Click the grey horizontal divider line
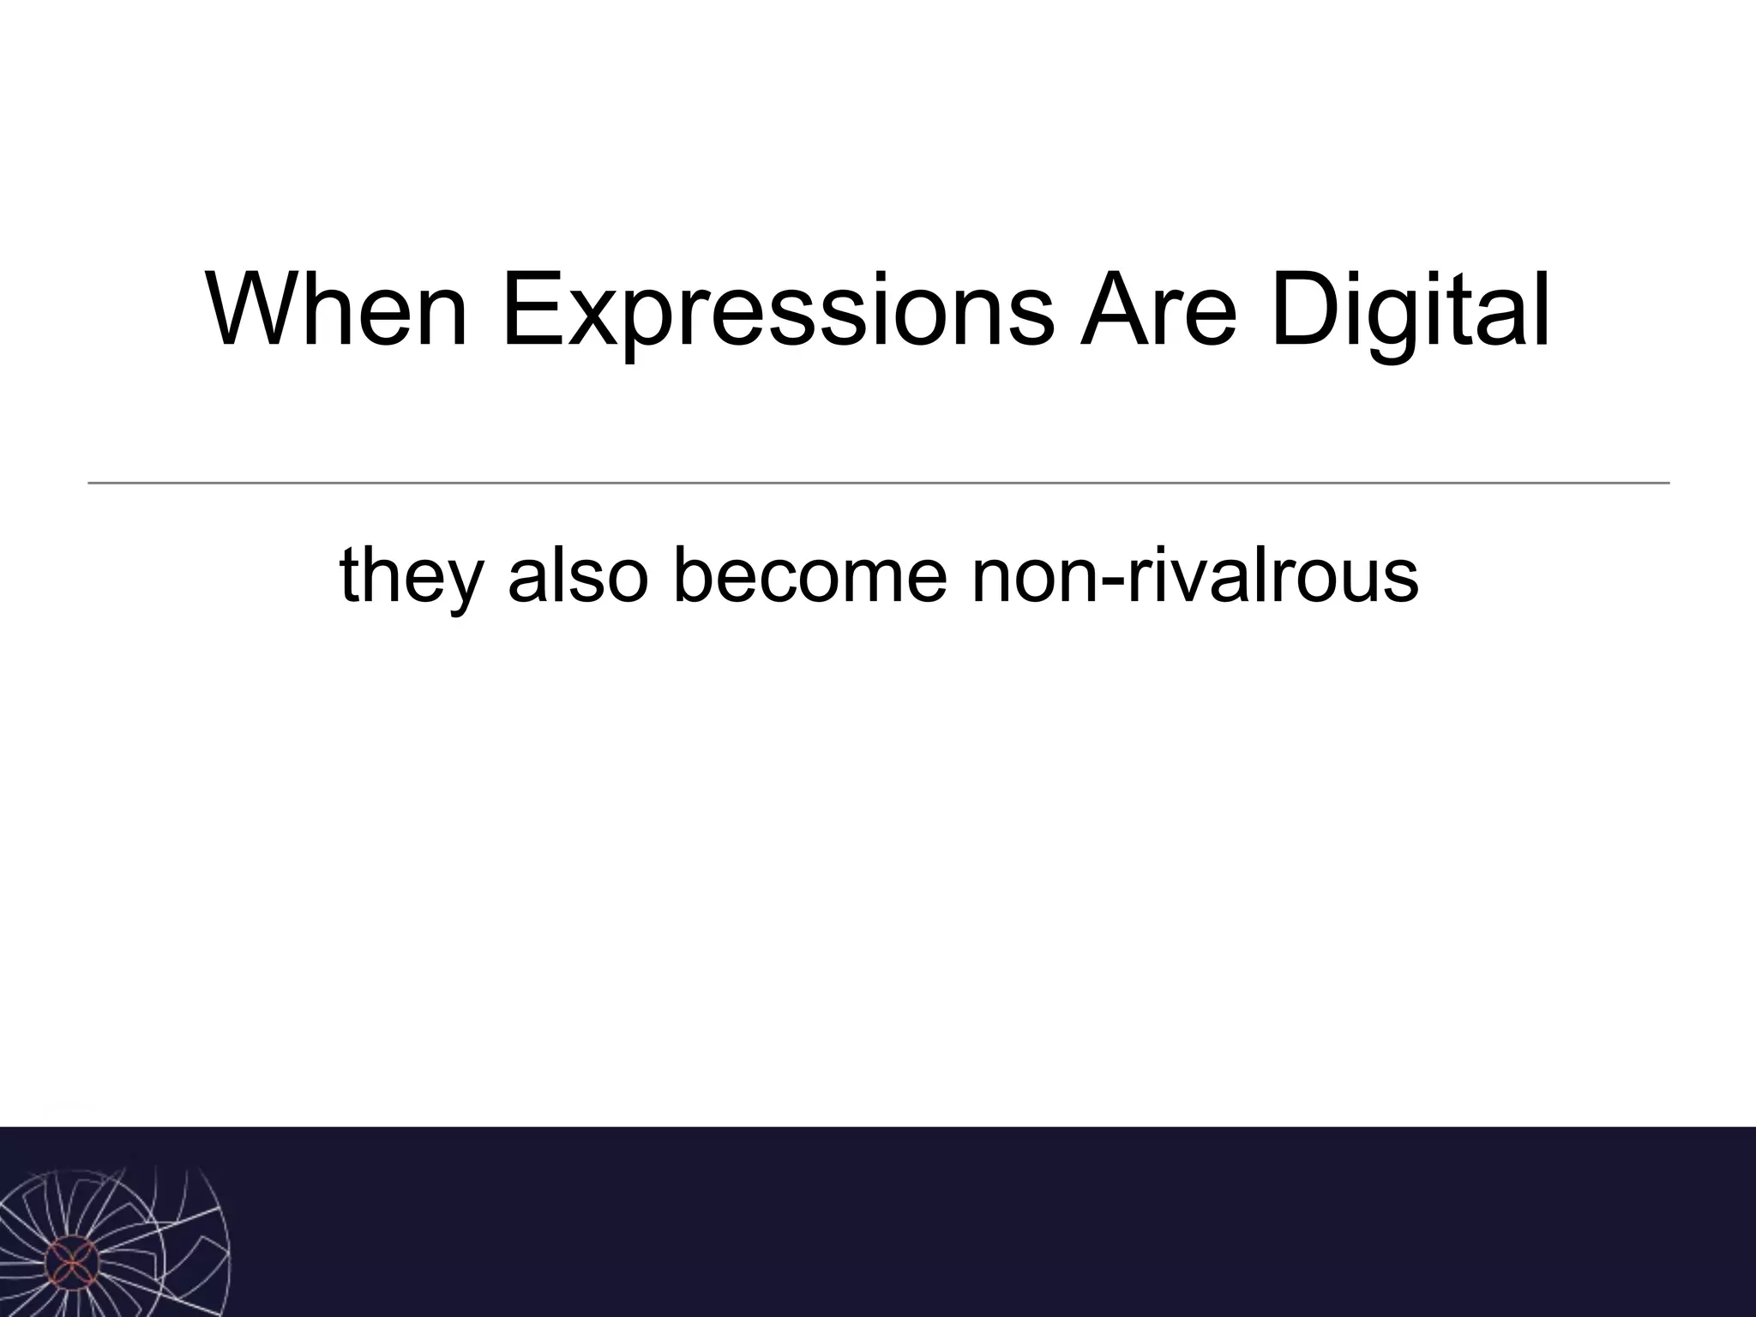click(x=878, y=484)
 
